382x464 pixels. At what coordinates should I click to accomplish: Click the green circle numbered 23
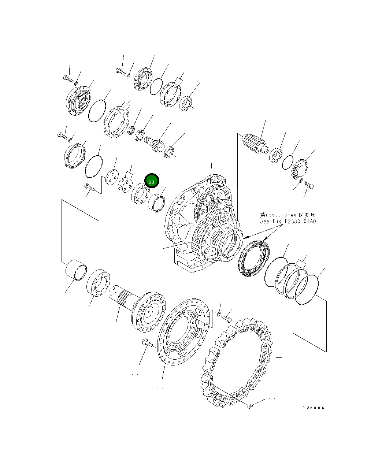(152, 181)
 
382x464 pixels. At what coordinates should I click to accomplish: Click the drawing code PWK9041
(315, 408)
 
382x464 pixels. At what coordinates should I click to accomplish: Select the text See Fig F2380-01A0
(288, 221)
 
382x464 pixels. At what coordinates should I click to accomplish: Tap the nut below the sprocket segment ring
(250, 406)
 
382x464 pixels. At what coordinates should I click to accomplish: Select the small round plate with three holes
(111, 177)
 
